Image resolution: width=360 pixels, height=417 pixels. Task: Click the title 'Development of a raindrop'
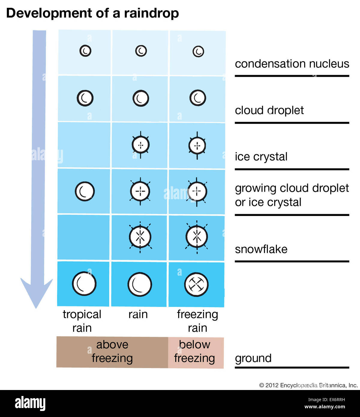point(92,13)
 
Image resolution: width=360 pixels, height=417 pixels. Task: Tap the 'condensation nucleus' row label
point(292,64)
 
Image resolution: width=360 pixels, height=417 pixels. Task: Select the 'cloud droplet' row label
point(269,110)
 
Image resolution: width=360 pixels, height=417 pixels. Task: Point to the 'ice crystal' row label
point(261,157)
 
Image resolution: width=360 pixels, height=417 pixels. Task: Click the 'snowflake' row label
point(261,249)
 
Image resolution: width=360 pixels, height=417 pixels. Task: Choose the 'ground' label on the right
point(253,358)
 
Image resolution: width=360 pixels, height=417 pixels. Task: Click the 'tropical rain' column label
point(82,321)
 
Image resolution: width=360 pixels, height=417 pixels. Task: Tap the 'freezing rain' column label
point(197,321)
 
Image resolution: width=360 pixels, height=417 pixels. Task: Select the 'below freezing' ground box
point(195,352)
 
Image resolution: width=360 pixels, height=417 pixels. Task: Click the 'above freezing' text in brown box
point(112,352)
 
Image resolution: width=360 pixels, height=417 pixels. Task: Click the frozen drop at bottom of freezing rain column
point(196,284)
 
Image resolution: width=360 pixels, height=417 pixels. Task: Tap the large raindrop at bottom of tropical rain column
point(84,284)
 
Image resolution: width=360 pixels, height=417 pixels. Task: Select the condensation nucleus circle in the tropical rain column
point(85,51)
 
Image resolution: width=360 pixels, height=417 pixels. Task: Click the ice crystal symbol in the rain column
point(140,145)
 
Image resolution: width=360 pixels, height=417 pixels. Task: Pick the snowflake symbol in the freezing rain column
point(196,236)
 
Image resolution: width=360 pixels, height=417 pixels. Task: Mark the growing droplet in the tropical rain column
point(85,191)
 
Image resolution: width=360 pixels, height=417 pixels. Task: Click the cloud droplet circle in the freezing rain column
point(198,98)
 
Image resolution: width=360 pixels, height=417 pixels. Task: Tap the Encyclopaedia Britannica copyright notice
point(308,385)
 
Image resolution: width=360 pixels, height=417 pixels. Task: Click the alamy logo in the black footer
point(30,403)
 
